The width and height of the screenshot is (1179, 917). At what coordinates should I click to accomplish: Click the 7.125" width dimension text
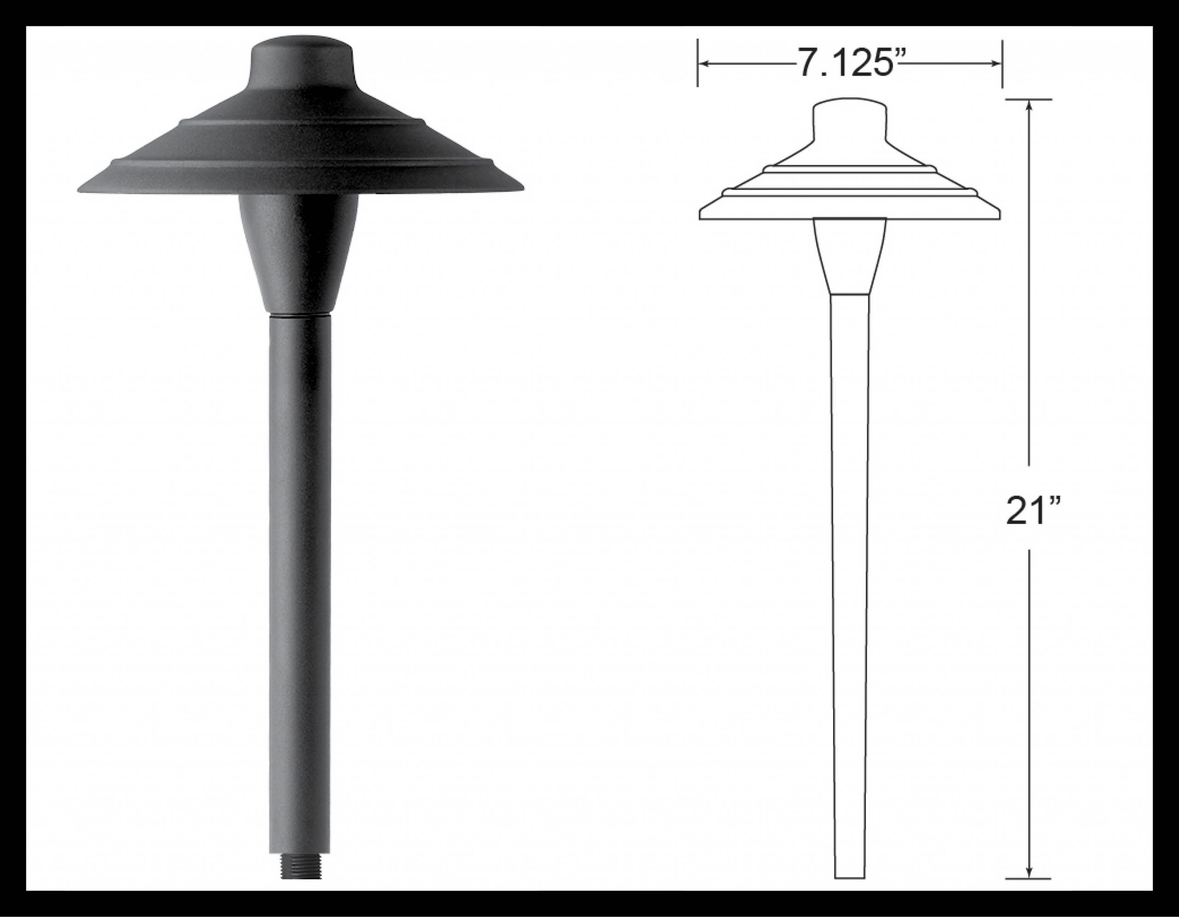(x=849, y=63)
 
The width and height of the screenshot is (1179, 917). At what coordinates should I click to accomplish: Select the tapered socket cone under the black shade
(x=298, y=252)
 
